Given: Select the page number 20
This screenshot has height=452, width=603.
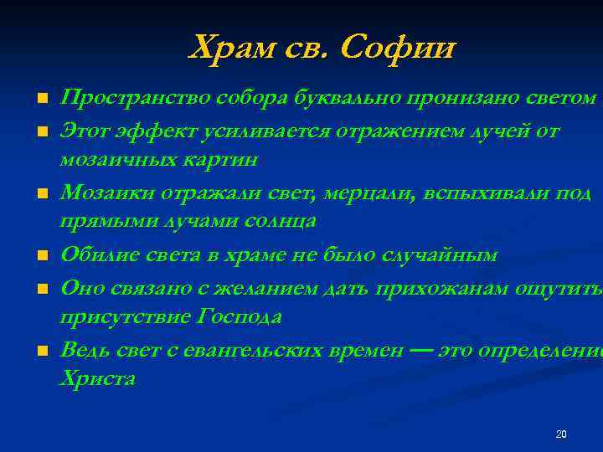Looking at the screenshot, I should tap(561, 434).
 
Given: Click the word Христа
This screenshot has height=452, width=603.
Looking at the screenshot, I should tap(97, 378).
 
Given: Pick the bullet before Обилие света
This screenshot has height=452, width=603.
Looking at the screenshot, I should tap(39, 255).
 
